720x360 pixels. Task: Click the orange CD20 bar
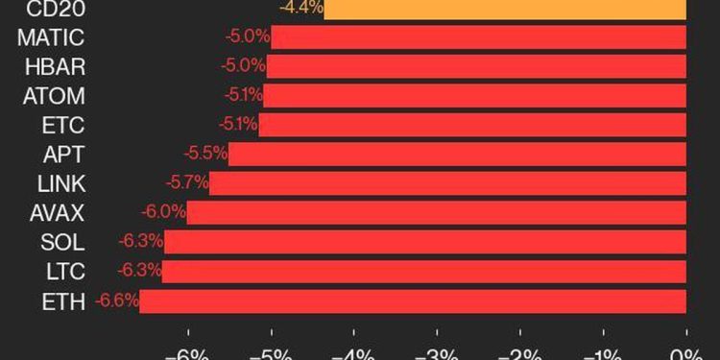506,9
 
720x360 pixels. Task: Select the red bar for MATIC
479,37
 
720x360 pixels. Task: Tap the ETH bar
413,301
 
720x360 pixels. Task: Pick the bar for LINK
447,183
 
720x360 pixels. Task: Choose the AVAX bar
437,212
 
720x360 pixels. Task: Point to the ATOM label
54,96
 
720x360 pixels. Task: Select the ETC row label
63,125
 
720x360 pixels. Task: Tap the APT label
63,154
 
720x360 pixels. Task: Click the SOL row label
62,242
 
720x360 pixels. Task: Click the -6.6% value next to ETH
117,301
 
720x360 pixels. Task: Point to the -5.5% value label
206,154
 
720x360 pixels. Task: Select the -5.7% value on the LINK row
187,183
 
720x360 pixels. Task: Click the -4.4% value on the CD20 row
300,9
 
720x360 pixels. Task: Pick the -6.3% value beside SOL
141,242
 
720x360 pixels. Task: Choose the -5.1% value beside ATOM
242,96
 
